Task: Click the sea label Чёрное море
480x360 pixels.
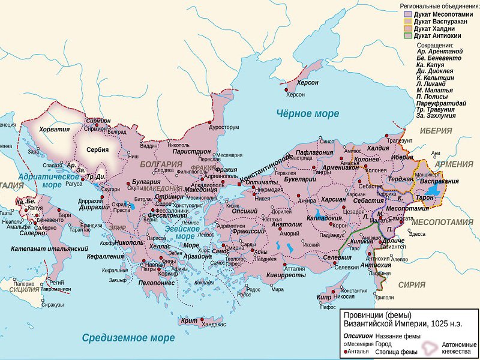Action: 307,113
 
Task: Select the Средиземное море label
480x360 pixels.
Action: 128,338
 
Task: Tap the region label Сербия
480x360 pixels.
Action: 97,150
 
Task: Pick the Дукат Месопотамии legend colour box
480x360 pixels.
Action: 408,13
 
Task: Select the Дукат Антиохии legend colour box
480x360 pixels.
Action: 408,35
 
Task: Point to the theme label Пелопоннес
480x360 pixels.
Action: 158,281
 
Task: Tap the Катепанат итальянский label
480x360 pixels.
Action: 49,248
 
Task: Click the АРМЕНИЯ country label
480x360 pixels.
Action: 454,164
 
